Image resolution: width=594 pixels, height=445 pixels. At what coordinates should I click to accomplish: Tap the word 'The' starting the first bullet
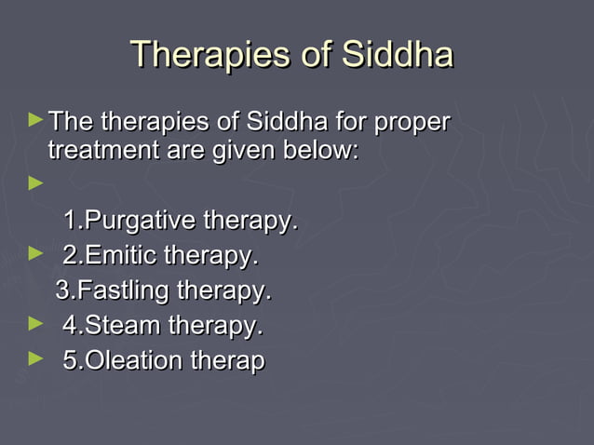point(71,123)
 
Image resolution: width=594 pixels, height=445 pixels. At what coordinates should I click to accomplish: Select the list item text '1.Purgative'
point(129,222)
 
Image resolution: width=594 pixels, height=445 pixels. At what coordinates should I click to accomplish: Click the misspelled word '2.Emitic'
point(109,256)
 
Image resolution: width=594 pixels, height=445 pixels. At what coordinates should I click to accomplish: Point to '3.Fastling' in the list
point(110,291)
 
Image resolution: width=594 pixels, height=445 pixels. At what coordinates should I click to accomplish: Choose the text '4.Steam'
point(111,327)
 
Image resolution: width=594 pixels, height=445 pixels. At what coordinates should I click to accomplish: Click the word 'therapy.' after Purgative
point(250,222)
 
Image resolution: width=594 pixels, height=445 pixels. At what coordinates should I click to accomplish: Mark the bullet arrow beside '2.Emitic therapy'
point(36,252)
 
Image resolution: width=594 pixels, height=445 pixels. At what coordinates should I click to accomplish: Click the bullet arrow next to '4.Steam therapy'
point(36,323)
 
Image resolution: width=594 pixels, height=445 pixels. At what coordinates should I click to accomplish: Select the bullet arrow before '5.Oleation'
point(36,357)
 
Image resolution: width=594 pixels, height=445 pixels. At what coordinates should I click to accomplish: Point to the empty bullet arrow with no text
point(36,184)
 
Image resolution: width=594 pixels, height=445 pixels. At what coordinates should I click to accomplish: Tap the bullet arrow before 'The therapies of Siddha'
point(36,120)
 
